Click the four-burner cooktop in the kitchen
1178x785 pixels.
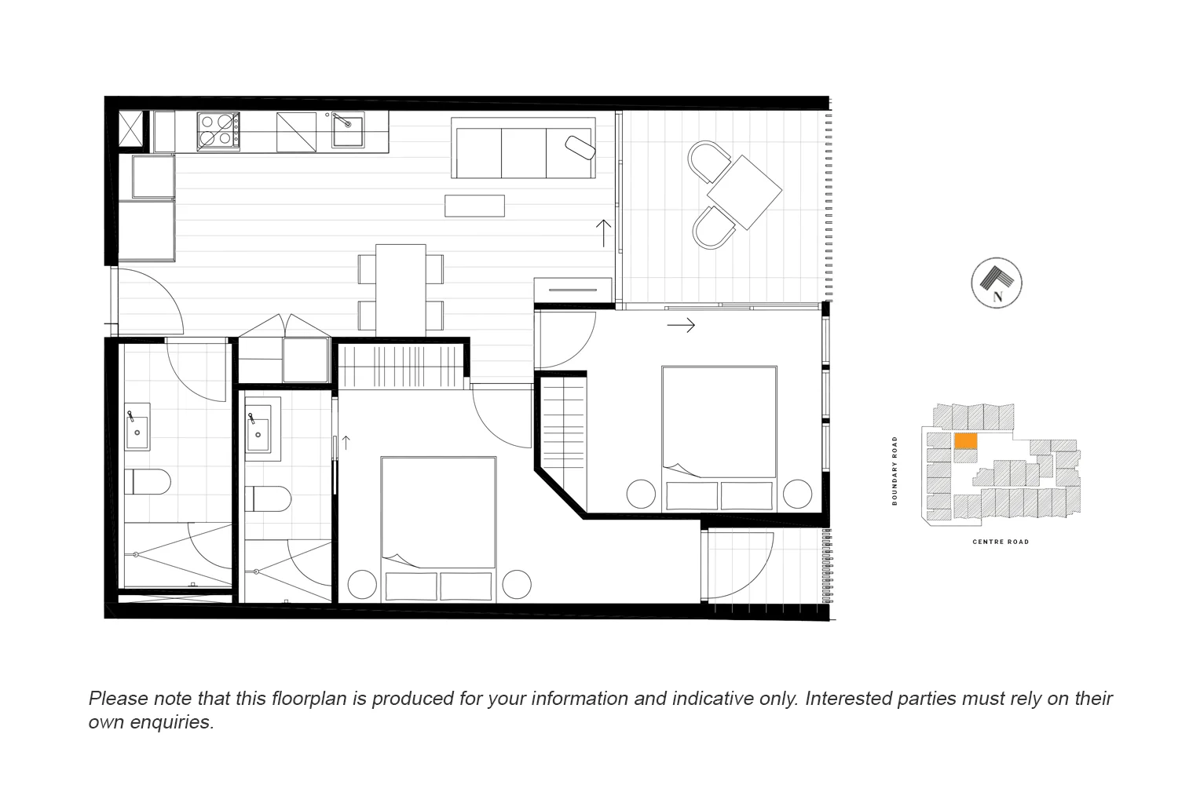click(218, 130)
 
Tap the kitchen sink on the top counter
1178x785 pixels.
click(348, 130)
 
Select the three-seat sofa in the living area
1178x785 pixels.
click(523, 148)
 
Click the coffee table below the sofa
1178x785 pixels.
click(474, 206)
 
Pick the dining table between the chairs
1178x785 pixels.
click(401, 288)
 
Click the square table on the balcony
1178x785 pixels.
click(744, 192)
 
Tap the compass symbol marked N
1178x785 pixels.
click(997, 283)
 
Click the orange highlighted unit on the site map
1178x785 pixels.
click(966, 441)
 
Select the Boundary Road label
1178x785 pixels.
click(894, 471)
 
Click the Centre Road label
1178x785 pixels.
click(1001, 542)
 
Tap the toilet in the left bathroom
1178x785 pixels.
click(147, 482)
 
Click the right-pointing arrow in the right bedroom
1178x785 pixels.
click(681, 324)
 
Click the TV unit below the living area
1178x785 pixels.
click(573, 290)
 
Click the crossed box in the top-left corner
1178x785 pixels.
click(132, 129)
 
